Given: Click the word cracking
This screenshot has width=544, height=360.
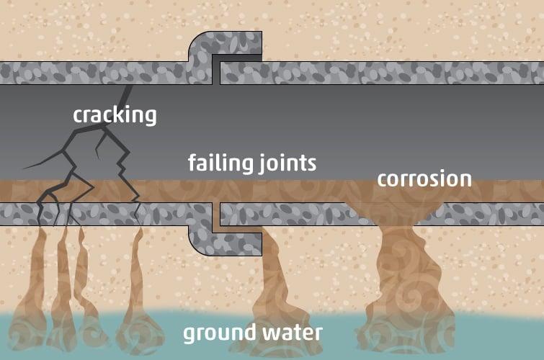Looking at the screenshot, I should pos(115,114).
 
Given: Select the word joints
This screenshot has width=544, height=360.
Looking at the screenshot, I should pos(286,164).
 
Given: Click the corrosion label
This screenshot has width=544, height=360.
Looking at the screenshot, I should pos(424,178).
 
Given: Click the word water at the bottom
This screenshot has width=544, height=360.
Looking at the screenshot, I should pos(290,333).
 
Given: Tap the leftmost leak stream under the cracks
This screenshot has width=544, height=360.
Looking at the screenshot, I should pos(40,281).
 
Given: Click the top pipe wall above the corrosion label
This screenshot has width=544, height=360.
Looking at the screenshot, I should pos(424,73).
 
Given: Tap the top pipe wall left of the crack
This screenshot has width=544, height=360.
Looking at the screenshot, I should pos(58,73).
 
